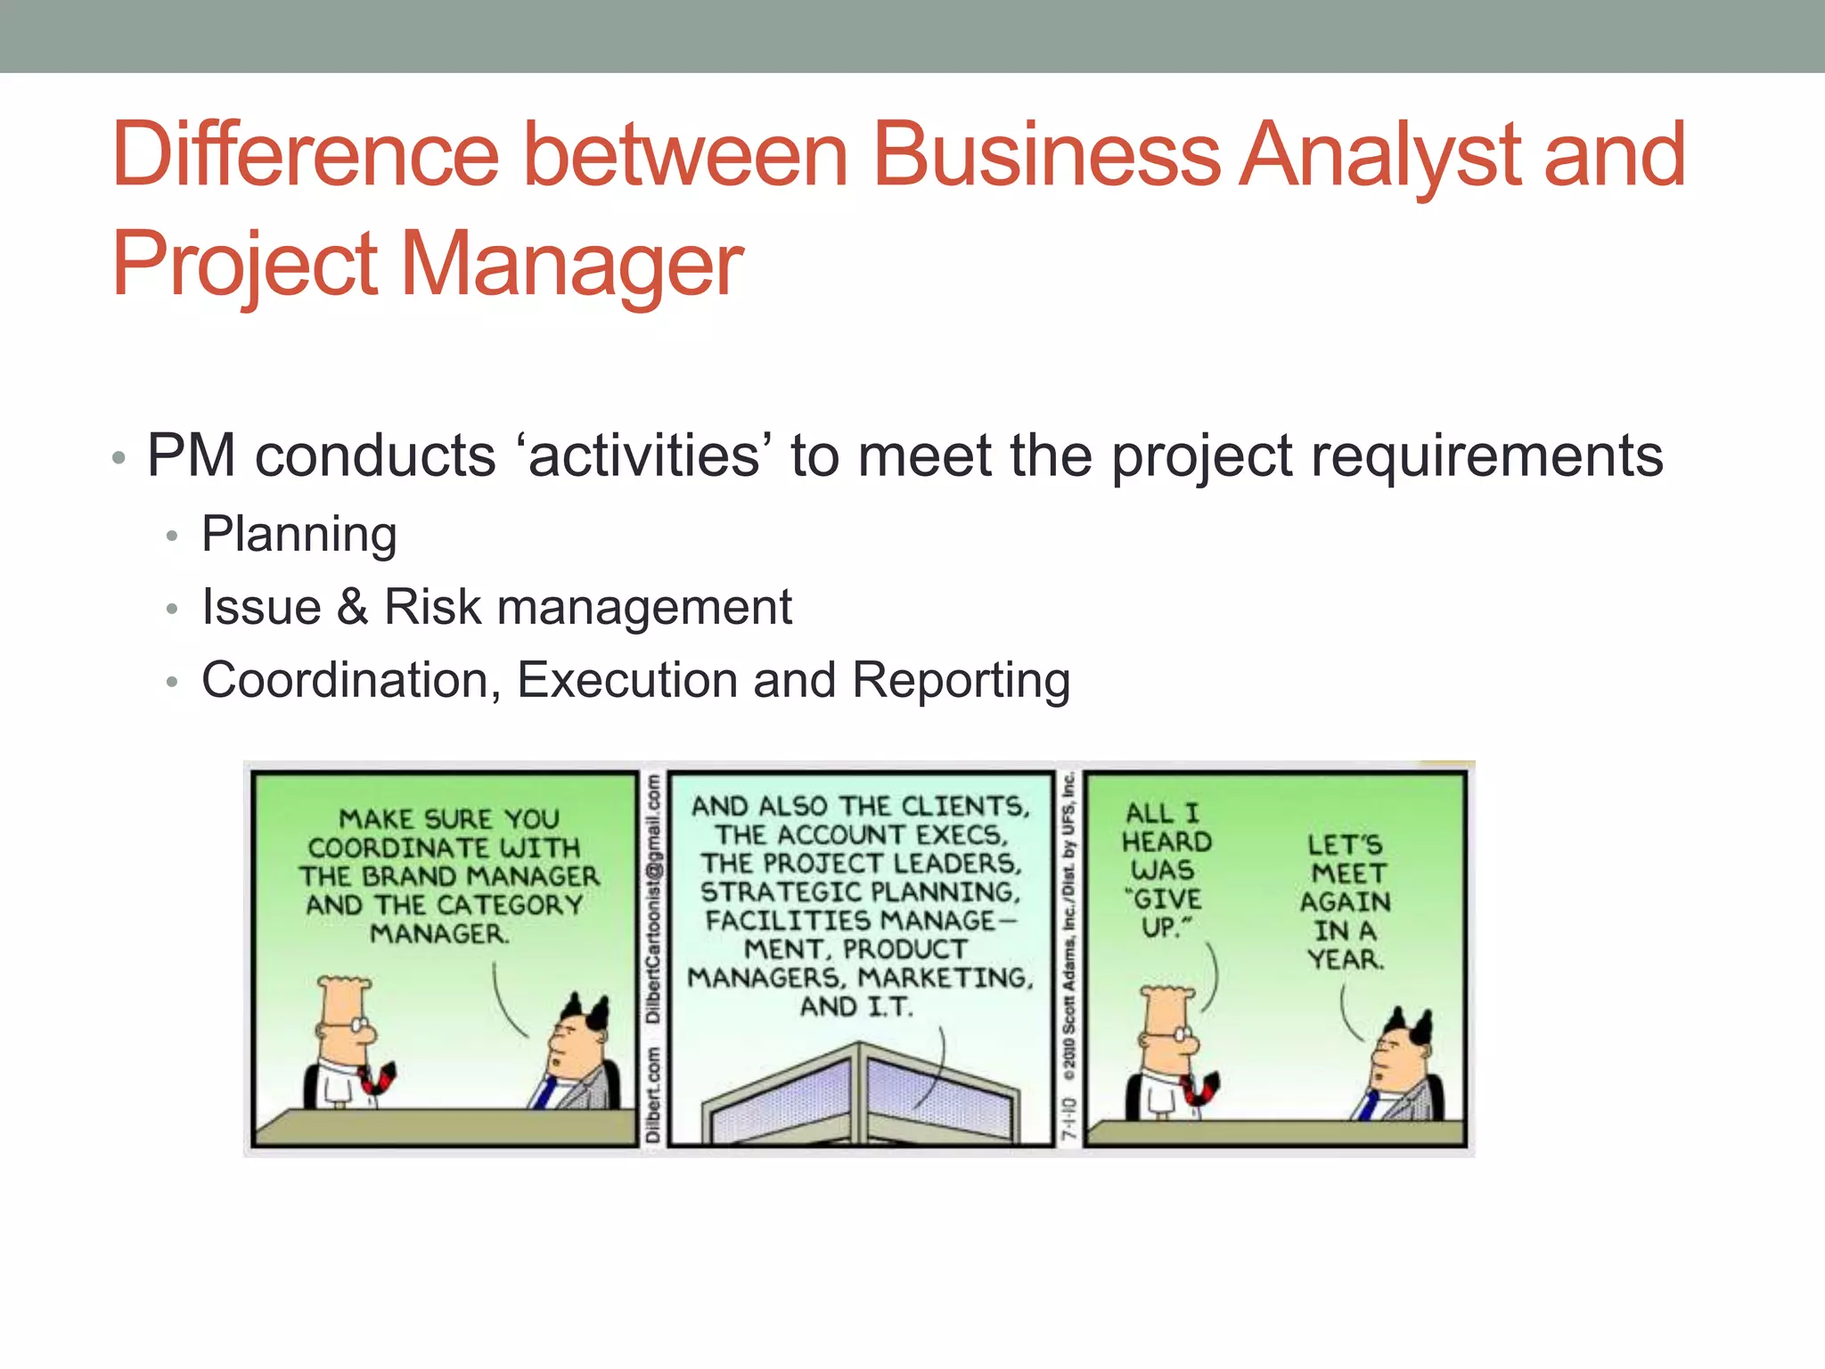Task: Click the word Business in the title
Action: pos(1046,155)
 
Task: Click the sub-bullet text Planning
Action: pos(299,534)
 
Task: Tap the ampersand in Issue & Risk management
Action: pos(353,607)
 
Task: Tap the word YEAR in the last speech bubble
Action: pos(1346,959)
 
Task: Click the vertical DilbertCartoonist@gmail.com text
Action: pos(653,899)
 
